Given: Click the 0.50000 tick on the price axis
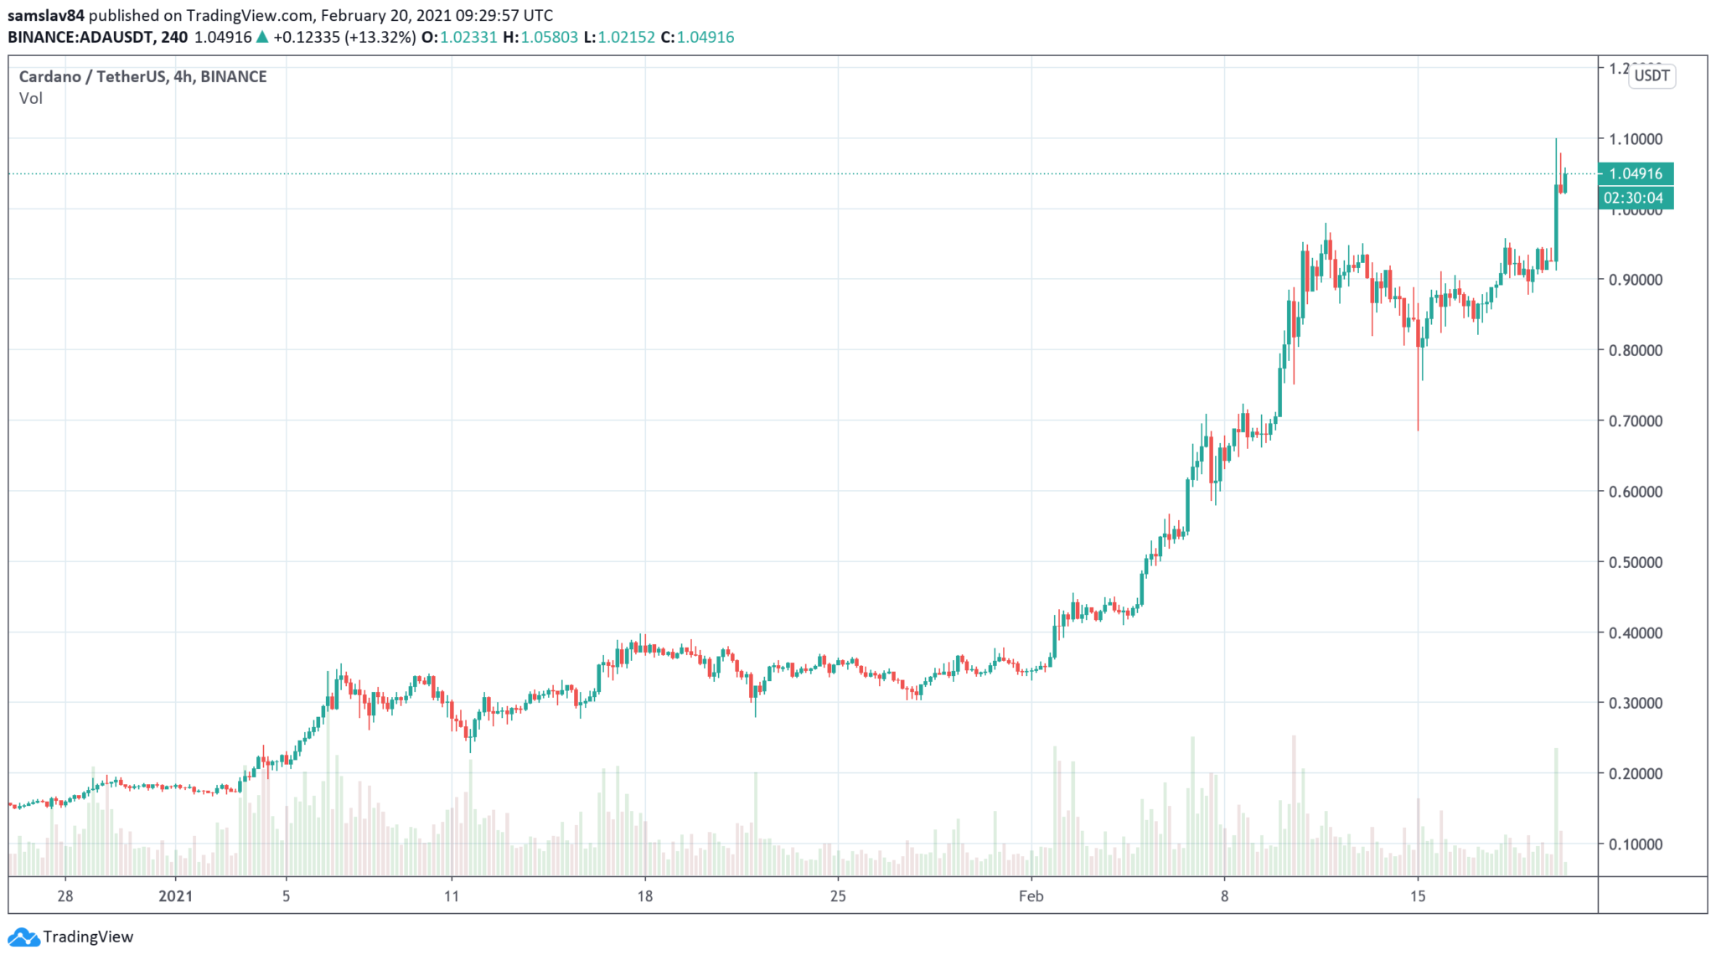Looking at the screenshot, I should click(x=1635, y=562).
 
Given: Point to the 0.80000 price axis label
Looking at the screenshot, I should click(x=1635, y=350).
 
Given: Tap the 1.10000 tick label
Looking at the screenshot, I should click(x=1635, y=139).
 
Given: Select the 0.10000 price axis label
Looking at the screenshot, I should click(x=1635, y=844).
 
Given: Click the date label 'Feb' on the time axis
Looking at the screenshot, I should click(x=1031, y=896).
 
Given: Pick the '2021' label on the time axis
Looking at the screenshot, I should click(x=176, y=896).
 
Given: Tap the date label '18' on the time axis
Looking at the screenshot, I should click(x=644, y=896).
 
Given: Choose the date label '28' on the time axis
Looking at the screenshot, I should click(x=65, y=896).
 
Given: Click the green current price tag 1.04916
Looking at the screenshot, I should click(x=1635, y=174).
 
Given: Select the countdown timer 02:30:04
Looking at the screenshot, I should click(x=1635, y=199).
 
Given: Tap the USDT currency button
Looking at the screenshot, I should click(x=1651, y=76).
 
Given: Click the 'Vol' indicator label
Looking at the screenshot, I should click(x=31, y=99).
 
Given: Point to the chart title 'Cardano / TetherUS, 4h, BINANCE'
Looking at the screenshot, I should click(x=142, y=77).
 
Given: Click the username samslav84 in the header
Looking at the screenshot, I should click(x=46, y=15).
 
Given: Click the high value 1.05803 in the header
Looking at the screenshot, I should click(x=549, y=38).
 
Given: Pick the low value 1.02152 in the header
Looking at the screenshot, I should click(x=626, y=38).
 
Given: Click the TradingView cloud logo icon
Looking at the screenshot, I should click(x=23, y=937).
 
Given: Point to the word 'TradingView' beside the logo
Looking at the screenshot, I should click(x=88, y=937).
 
